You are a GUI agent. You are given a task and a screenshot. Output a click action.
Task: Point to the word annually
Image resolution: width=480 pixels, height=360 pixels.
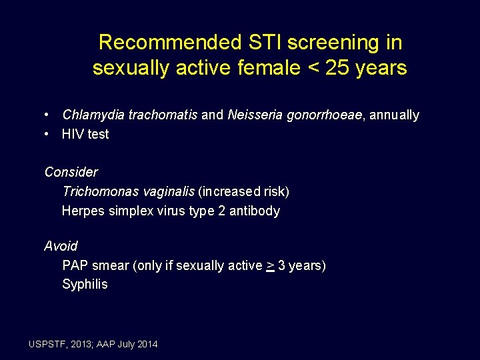coord(394,115)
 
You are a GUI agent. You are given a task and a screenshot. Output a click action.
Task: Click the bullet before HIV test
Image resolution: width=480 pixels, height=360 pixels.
coord(48,134)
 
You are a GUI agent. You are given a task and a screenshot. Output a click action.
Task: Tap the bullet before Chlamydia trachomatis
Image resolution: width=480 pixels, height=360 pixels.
coord(48,115)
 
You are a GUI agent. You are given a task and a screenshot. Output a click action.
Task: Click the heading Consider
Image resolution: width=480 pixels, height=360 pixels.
coord(71,172)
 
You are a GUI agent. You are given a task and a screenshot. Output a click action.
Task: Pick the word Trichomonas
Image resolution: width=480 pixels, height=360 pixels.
coord(99,192)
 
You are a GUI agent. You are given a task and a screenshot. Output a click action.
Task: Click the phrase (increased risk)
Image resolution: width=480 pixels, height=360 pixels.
coord(243,192)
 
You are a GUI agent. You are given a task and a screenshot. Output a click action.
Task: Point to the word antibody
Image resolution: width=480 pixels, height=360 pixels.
coord(255,211)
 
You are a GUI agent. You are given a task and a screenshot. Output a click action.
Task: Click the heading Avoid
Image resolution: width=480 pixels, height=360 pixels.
coord(61,246)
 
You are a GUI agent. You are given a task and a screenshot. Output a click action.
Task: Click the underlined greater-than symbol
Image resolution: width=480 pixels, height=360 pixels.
coord(270,266)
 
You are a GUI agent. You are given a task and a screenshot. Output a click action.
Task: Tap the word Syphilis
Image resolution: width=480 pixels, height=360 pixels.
coord(85,285)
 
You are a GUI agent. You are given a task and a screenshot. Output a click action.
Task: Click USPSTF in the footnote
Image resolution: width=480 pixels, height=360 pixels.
coord(49,344)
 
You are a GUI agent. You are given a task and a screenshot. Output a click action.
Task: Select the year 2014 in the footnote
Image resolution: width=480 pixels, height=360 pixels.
coord(147,344)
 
